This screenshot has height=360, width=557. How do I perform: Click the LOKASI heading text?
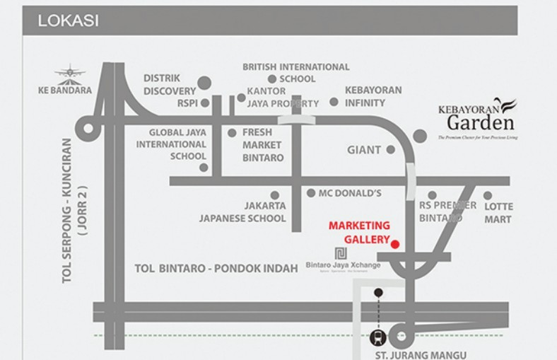point(68,21)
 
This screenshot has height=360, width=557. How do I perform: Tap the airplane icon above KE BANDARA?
point(69,72)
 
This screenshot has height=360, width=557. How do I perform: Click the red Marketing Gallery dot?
point(395,245)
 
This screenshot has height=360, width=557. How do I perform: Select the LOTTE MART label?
point(499,213)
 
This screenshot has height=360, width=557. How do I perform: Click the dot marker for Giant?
point(390,150)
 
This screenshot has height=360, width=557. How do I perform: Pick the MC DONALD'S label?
point(350,192)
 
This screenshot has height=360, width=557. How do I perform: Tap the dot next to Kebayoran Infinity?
point(334,102)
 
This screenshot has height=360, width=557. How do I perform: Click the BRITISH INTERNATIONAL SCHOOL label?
point(296,73)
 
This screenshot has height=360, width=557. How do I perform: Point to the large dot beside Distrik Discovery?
point(204,83)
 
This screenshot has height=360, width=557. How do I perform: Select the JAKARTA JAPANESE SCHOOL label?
point(242,212)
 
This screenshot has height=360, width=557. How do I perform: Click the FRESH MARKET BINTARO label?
point(262,144)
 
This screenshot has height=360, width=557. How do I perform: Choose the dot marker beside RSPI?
point(205,103)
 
